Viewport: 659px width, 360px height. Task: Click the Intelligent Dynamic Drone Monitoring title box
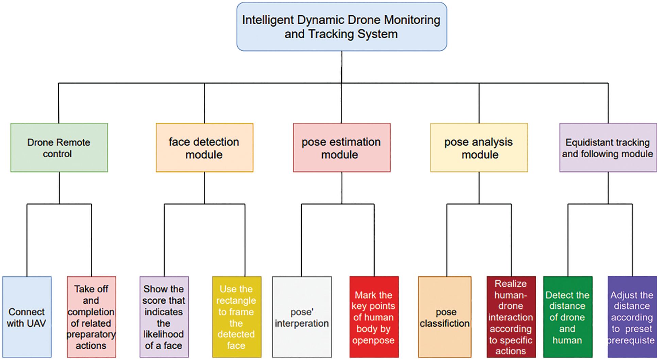342,27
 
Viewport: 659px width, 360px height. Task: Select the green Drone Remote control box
59,148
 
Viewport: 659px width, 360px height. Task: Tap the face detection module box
204,148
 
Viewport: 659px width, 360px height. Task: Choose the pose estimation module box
342,148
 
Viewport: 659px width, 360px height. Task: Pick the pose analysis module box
479,148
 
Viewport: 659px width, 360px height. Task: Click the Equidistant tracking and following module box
608,148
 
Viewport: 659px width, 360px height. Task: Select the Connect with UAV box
27,317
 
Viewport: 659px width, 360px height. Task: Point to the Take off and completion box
91,317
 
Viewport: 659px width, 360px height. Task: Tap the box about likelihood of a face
164,317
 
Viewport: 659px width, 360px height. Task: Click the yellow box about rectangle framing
237,317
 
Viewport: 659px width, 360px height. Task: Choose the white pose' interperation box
302,317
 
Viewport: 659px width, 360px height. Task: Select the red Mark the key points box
374,317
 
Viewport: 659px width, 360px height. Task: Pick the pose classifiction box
445,317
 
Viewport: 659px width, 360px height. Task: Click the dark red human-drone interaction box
511,317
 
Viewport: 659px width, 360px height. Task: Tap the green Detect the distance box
568,317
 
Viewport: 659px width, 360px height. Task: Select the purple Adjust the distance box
632,317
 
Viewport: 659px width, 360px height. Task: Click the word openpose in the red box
373,341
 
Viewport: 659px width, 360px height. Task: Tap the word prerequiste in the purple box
631,340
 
